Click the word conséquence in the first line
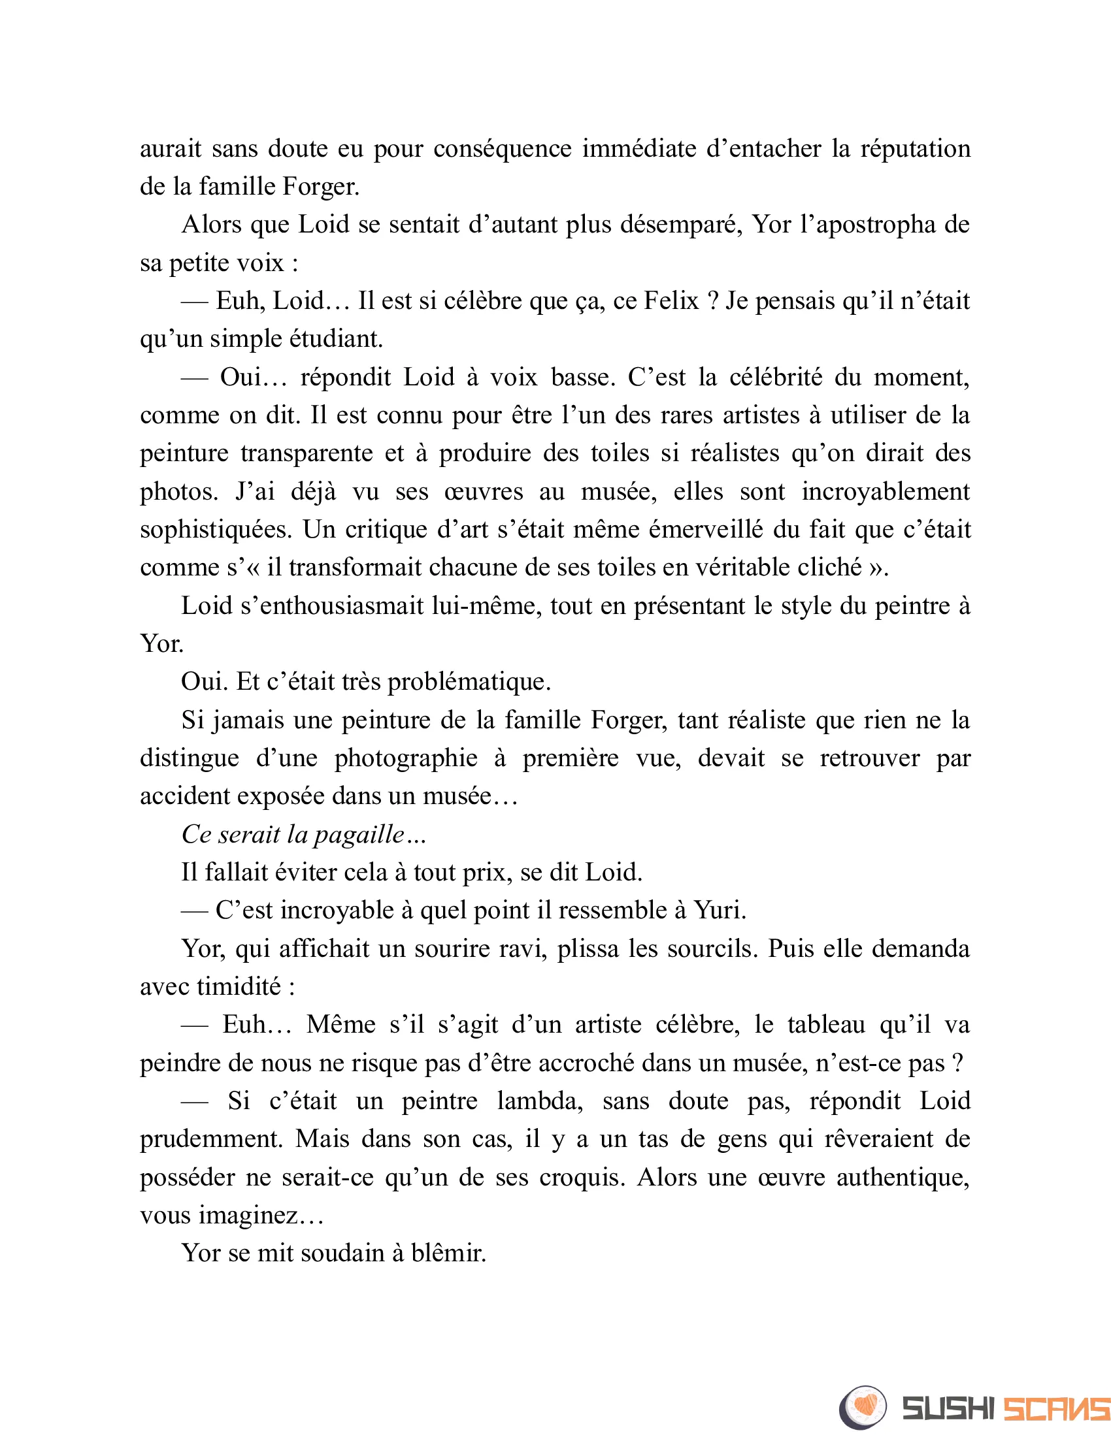pos(502,149)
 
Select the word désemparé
pos(682,225)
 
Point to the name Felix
pos(671,301)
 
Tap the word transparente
pos(307,453)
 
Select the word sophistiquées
pos(216,530)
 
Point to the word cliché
pos(829,568)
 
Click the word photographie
pos(405,758)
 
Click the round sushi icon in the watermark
pos(862,1406)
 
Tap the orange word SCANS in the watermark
pos(1055,1408)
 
